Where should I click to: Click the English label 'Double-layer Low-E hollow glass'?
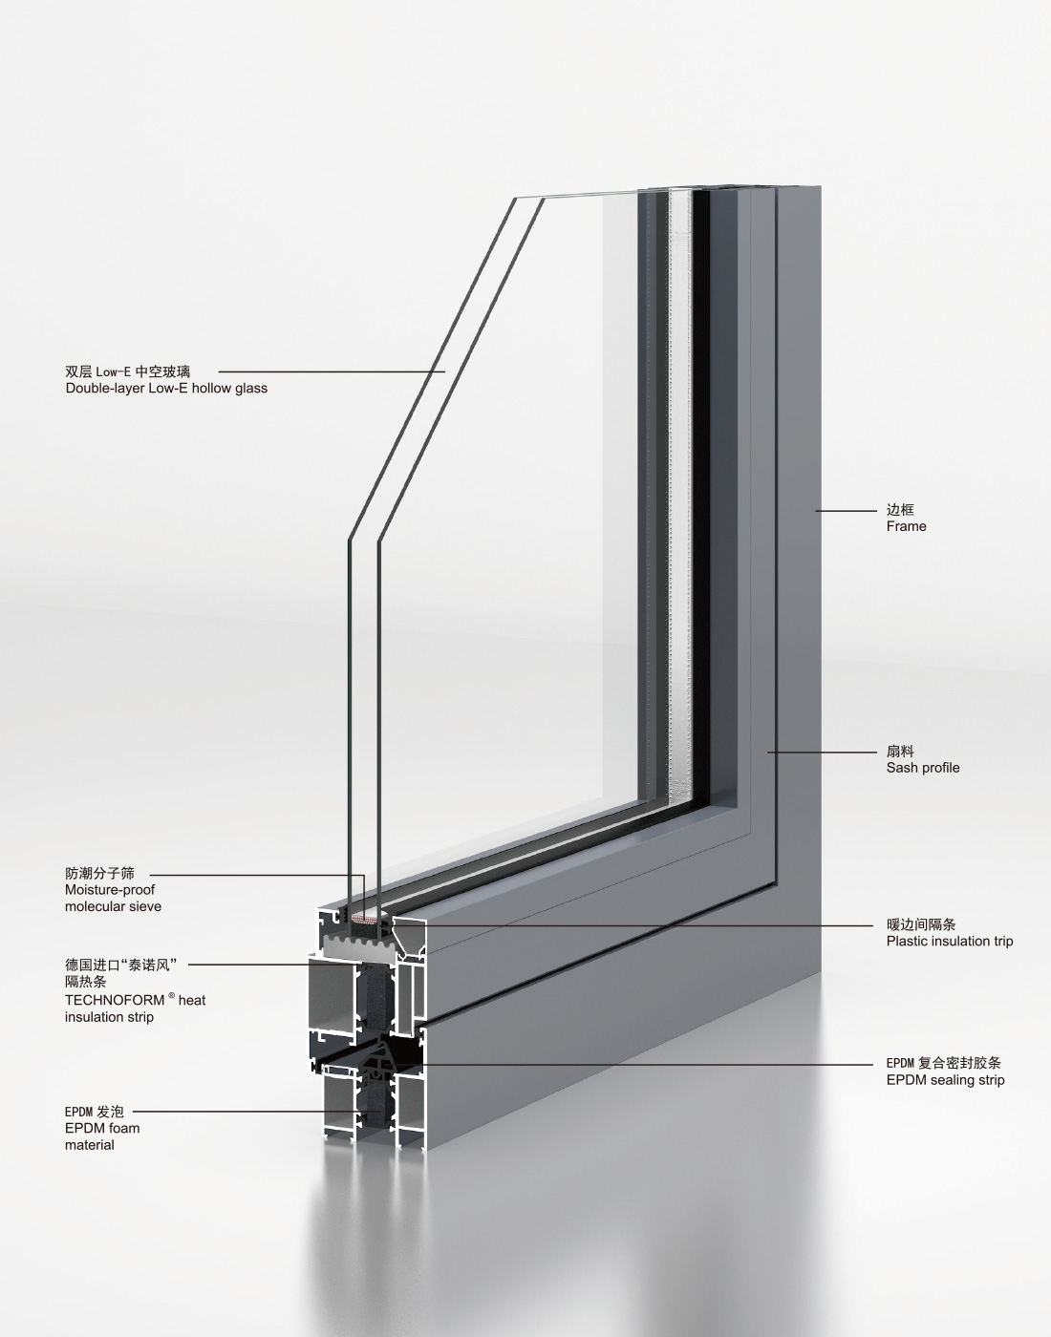[x=166, y=389]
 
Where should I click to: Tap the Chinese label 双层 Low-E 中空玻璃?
[x=127, y=371]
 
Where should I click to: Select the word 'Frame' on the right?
[x=906, y=526]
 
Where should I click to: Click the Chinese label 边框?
[x=900, y=510]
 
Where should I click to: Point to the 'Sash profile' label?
[x=922, y=768]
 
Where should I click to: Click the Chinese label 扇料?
[x=900, y=752]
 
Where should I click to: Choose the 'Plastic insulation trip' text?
[x=949, y=942]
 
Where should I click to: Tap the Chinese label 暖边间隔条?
[x=920, y=924]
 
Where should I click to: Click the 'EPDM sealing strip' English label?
[x=945, y=1080]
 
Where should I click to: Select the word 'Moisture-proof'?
[x=110, y=890]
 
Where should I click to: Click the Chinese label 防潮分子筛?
[x=99, y=873]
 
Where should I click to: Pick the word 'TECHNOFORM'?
[x=115, y=1001]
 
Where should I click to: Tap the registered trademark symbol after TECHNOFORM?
[x=171, y=996]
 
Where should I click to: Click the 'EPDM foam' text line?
[x=102, y=1128]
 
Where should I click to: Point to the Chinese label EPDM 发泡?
[x=95, y=1112]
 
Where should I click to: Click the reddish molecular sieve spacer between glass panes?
[x=364, y=919]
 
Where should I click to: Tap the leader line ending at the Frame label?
[x=846, y=511]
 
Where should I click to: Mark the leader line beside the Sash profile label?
[x=822, y=753]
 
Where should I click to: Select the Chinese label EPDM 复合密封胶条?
[x=943, y=1063]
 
